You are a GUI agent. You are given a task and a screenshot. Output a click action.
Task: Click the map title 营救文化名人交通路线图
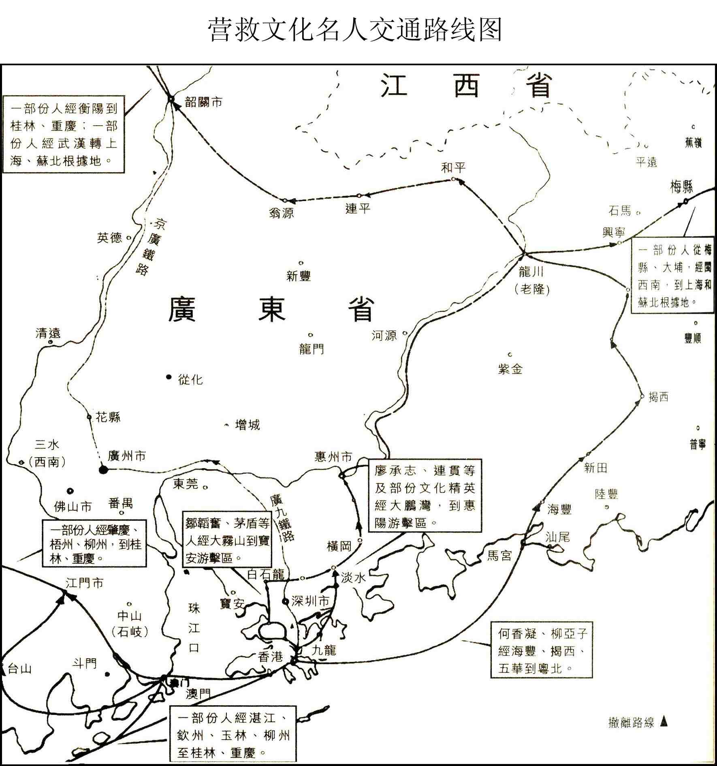(355, 30)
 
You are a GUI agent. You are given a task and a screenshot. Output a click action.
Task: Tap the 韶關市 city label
(203, 102)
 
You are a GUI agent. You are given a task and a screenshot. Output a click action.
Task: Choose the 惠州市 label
(333, 457)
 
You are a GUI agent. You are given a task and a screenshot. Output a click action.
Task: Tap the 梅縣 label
(681, 187)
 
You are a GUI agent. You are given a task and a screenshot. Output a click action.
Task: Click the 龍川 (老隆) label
(531, 280)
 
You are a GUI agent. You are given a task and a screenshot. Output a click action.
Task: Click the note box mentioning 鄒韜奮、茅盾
(227, 540)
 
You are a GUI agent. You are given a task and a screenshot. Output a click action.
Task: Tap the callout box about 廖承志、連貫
(425, 496)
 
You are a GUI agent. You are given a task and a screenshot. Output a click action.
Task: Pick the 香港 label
(271, 657)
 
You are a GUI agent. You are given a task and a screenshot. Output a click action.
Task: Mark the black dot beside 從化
(169, 377)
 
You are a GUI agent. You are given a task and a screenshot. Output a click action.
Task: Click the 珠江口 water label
(194, 628)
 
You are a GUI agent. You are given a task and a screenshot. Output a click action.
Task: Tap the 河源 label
(384, 336)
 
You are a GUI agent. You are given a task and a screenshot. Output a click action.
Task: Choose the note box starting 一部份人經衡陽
(64, 135)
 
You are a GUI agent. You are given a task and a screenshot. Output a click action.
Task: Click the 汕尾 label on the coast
(557, 537)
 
